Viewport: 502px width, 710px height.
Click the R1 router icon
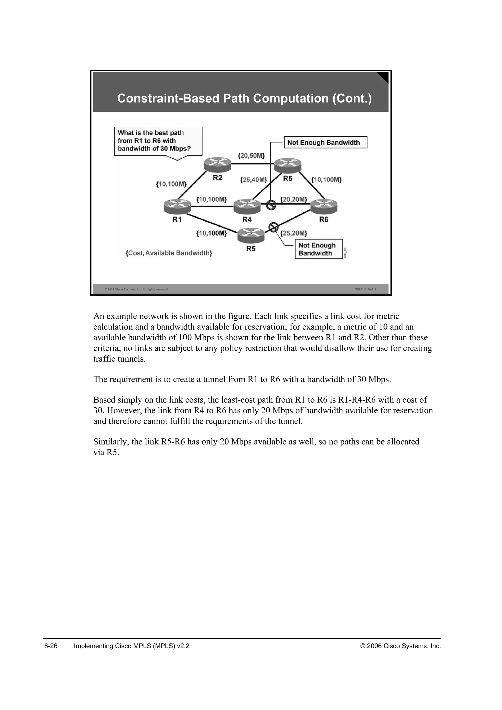(177, 206)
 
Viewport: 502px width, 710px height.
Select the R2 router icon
(218, 165)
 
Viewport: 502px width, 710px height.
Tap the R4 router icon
(247, 206)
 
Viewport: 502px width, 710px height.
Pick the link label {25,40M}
(253, 180)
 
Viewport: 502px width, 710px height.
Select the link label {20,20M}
(293, 200)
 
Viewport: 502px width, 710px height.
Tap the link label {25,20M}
(294, 233)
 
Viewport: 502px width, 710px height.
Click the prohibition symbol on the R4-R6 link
(271, 205)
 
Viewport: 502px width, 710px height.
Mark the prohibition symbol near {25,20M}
(273, 227)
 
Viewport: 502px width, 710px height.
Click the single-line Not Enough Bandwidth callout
(325, 142)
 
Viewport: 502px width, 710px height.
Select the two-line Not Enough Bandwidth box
(319, 249)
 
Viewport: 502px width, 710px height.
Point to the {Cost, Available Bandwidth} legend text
(169, 253)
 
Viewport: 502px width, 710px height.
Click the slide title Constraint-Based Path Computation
(244, 98)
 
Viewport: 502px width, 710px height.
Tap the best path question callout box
(158, 141)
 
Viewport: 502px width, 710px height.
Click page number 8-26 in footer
(51, 646)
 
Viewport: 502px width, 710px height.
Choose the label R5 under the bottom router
(251, 249)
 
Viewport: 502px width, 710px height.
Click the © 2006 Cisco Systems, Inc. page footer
(401, 646)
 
